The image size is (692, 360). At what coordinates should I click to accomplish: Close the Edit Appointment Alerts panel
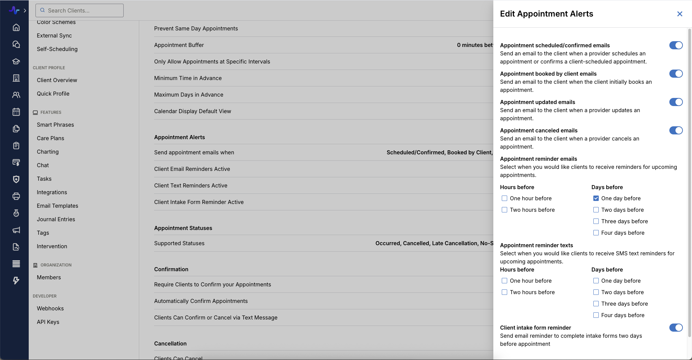679,14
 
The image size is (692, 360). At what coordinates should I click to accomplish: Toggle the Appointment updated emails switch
676,102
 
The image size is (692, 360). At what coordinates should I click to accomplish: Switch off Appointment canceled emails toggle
676,130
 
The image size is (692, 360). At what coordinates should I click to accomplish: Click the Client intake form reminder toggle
676,328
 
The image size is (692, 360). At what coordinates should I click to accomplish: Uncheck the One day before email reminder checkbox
596,198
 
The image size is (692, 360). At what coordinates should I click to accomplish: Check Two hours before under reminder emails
504,210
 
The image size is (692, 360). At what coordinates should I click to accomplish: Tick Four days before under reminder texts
596,315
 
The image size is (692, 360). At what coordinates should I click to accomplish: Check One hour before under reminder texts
504,281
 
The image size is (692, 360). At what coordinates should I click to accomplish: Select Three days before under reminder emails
596,221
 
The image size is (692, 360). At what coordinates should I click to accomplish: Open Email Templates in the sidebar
57,206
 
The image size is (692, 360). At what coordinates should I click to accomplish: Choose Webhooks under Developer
50,308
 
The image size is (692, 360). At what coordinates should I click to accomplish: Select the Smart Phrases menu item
55,125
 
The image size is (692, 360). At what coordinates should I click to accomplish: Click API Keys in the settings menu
48,322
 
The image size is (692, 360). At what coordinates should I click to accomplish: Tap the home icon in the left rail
16,27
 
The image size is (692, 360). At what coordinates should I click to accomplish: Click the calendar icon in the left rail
16,112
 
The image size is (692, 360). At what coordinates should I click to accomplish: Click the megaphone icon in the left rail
16,230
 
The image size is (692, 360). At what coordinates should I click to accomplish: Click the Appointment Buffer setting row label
179,45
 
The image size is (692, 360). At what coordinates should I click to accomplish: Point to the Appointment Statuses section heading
183,228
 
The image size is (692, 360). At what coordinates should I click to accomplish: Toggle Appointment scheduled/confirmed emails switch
676,45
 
